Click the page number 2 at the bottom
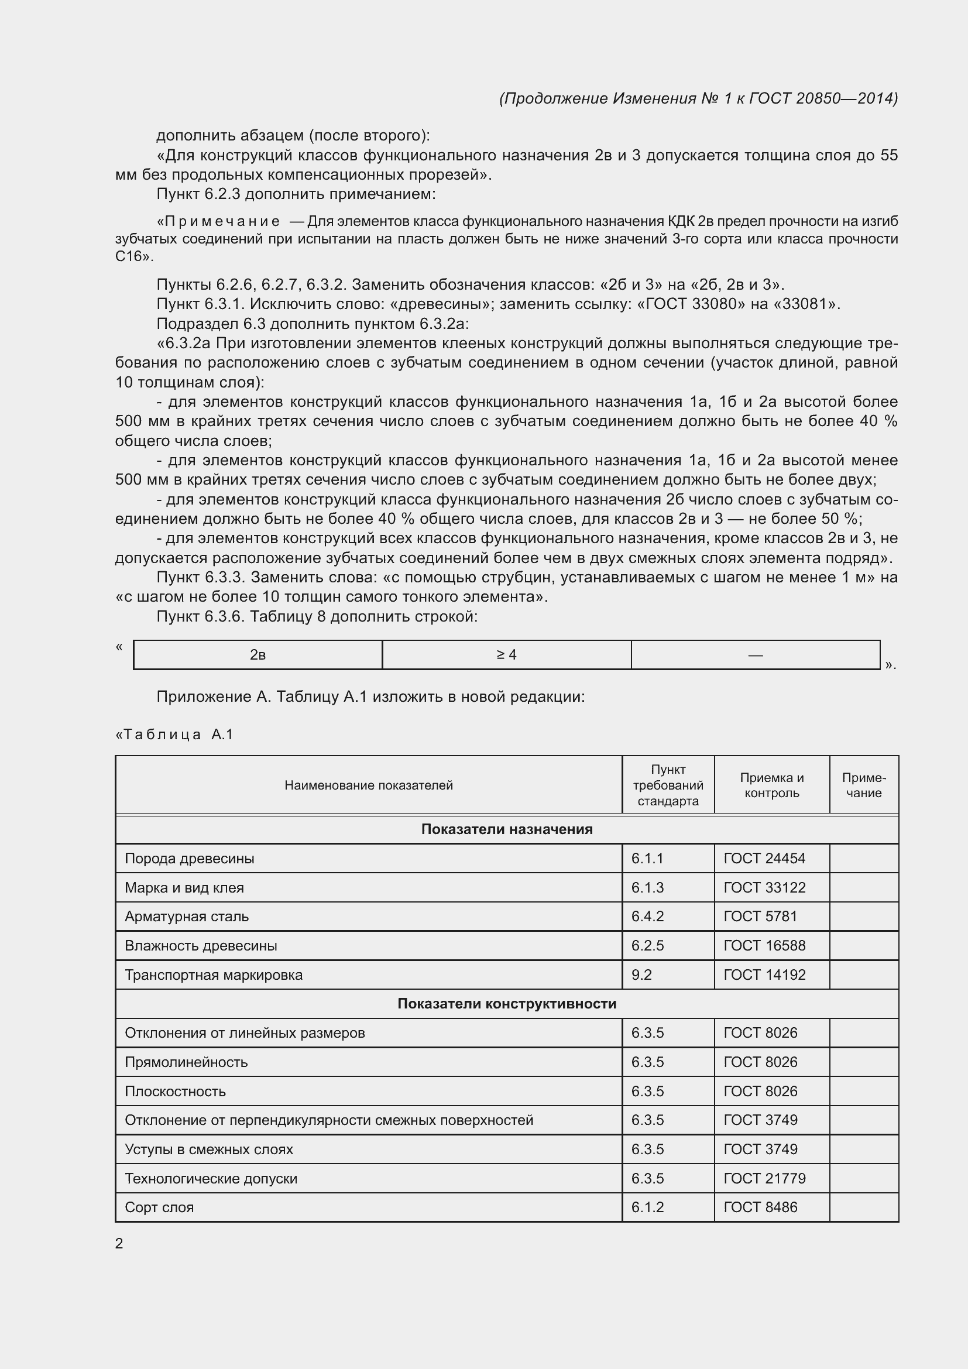tap(119, 1243)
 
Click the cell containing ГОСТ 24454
tap(764, 858)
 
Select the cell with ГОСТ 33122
tap(764, 887)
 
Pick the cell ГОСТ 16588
tap(764, 945)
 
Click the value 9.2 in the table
tap(641, 975)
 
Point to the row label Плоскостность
tap(175, 1091)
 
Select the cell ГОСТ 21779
tap(764, 1178)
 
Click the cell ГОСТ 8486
tap(760, 1207)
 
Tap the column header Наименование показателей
tap(368, 785)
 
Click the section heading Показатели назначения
tap(507, 829)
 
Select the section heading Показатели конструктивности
tap(507, 1004)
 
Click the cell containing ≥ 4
tap(506, 655)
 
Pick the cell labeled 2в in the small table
tap(258, 655)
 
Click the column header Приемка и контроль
tap(771, 785)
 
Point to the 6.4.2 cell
tap(647, 916)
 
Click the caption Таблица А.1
tap(174, 734)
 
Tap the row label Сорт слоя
tap(159, 1207)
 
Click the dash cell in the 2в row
tap(755, 655)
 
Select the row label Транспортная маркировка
tap(214, 975)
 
